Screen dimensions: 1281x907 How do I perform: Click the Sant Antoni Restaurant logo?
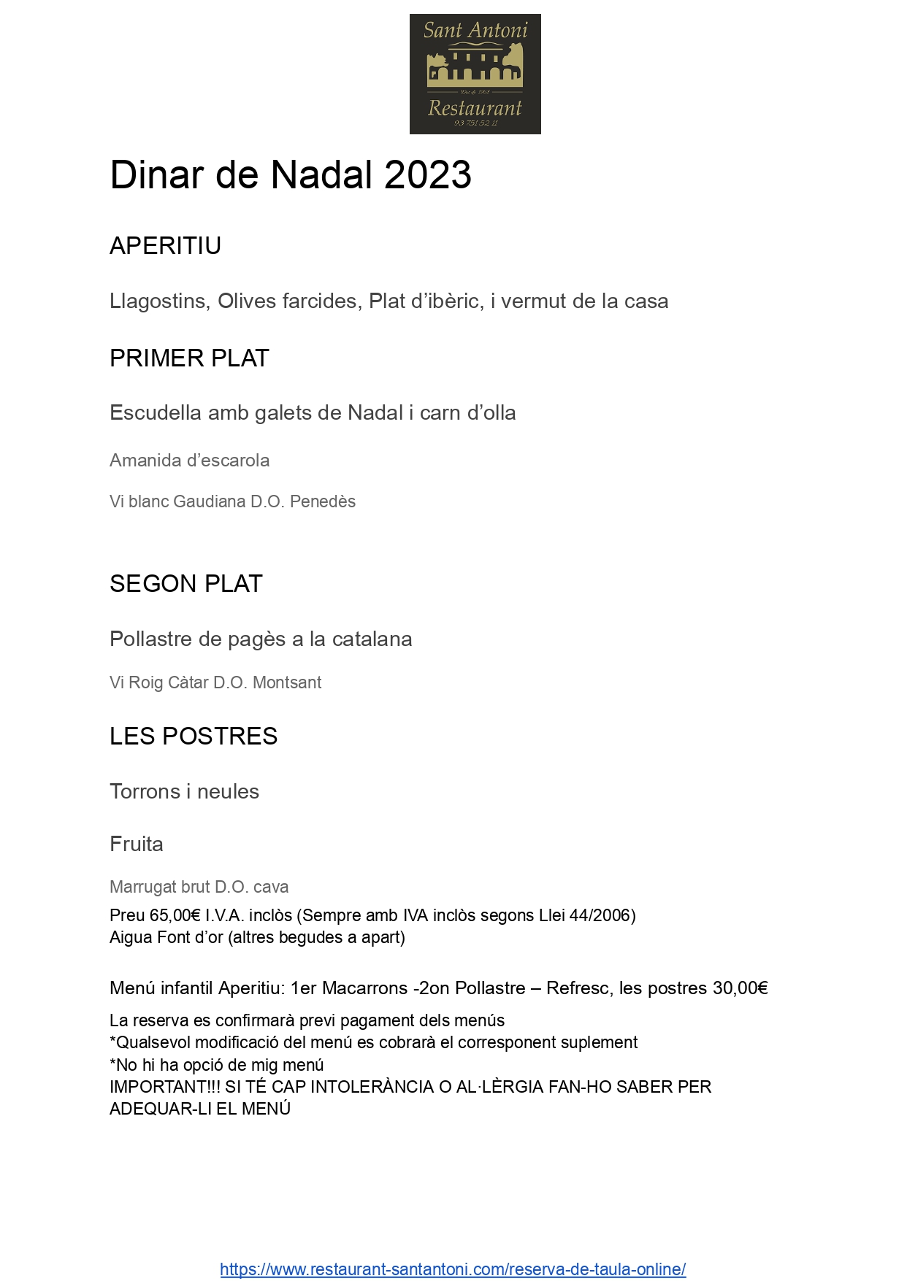(x=475, y=74)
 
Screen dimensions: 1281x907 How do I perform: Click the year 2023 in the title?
(x=427, y=175)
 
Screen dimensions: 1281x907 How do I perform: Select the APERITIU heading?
(x=165, y=246)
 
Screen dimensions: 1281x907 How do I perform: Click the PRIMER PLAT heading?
(x=189, y=358)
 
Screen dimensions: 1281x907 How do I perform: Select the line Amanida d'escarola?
(x=189, y=461)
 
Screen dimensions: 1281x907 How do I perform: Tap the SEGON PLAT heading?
(x=185, y=584)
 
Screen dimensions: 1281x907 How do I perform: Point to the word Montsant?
(x=287, y=682)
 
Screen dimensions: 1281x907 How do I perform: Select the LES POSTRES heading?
(x=194, y=736)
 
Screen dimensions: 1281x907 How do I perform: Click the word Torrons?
(x=145, y=792)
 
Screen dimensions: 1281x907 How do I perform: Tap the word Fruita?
(x=137, y=845)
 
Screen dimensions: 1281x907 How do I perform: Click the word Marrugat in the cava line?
(x=143, y=887)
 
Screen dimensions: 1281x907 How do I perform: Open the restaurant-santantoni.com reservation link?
(x=453, y=1269)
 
